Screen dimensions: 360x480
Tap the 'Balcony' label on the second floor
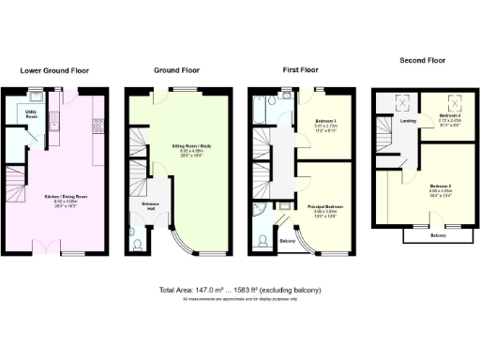point(437,235)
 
